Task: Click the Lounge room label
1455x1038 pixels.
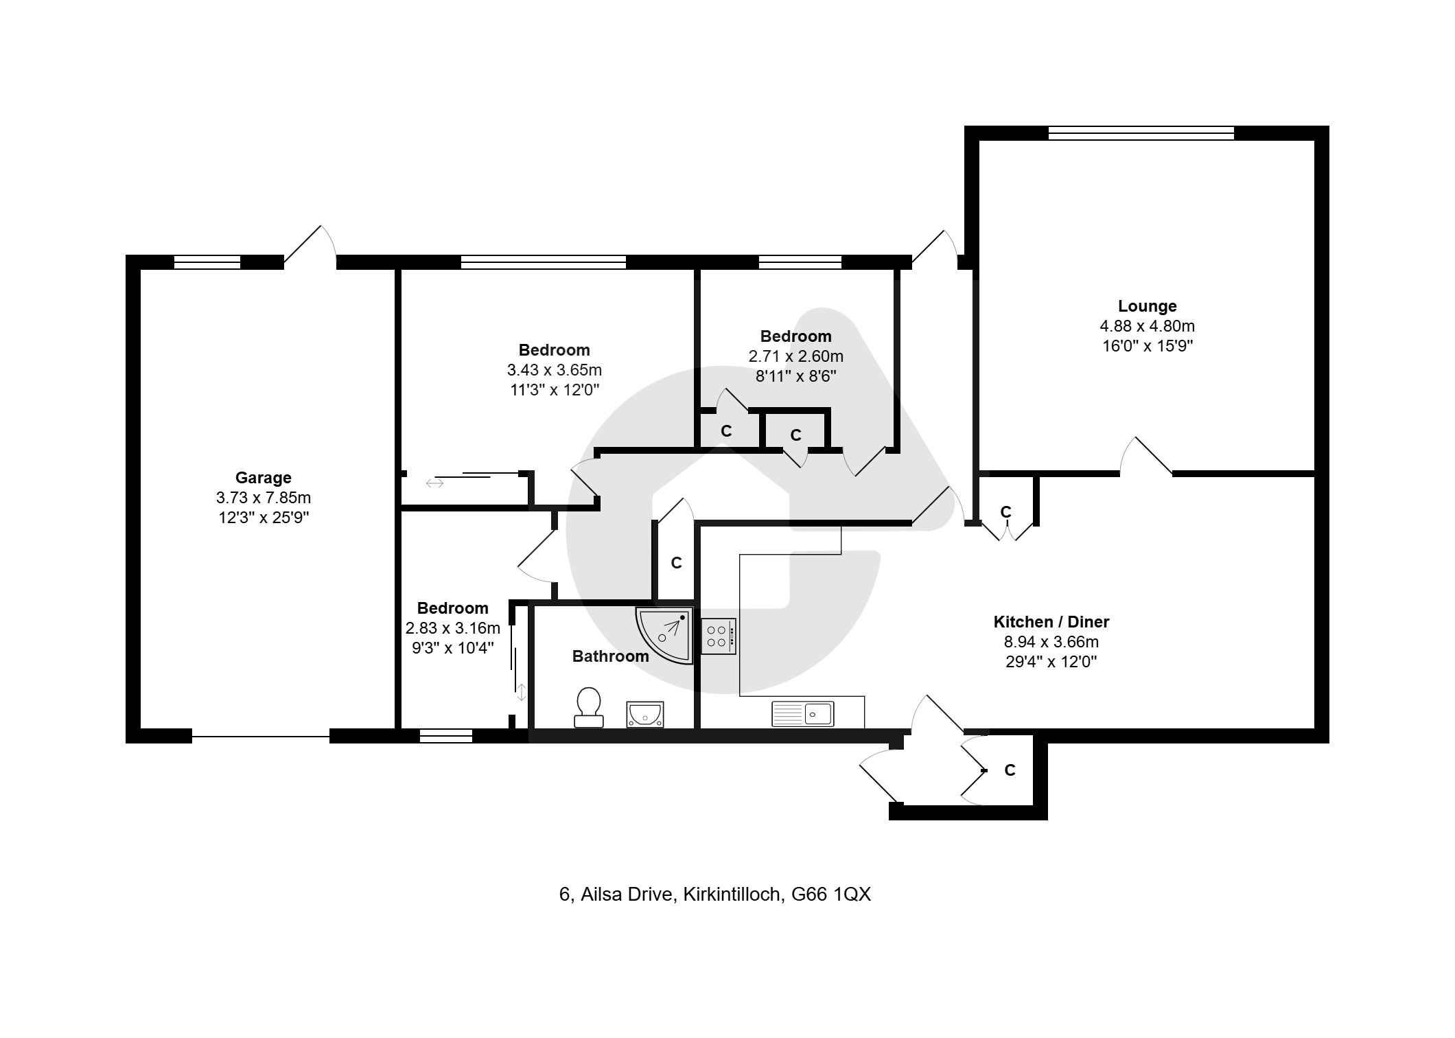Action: click(x=1147, y=306)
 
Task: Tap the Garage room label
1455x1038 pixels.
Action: click(x=264, y=478)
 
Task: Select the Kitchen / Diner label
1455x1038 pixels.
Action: click(x=1051, y=622)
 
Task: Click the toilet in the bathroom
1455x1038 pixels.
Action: click(x=588, y=708)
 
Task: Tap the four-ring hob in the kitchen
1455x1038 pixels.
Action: click(x=719, y=636)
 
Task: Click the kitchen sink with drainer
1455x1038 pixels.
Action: click(x=803, y=714)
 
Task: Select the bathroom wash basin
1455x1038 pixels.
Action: click(x=644, y=714)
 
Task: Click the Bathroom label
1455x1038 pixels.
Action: click(x=611, y=656)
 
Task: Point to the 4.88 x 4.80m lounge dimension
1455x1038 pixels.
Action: click(x=1147, y=326)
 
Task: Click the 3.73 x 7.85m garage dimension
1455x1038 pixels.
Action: click(x=264, y=498)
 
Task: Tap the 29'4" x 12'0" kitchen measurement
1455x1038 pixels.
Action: click(x=1051, y=662)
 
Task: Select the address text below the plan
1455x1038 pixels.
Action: click(x=715, y=895)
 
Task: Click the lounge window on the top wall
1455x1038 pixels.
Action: click(x=1141, y=133)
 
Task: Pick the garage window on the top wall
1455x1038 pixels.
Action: click(x=207, y=262)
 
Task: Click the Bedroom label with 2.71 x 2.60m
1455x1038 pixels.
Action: click(x=796, y=336)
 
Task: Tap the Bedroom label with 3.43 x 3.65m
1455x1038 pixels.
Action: click(x=555, y=350)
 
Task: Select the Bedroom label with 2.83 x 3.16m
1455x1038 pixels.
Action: click(x=453, y=608)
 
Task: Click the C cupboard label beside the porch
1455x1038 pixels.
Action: click(x=1010, y=770)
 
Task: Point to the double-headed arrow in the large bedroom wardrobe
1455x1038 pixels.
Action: click(x=434, y=483)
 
